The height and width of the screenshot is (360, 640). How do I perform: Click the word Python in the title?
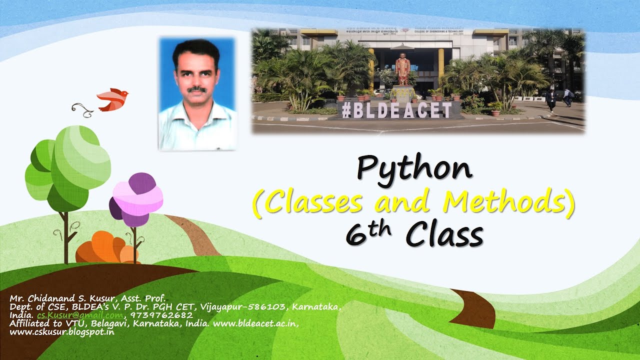[x=414, y=169]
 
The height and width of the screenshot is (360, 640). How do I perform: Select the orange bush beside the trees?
[x=106, y=248]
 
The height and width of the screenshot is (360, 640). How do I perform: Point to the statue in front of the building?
[x=402, y=70]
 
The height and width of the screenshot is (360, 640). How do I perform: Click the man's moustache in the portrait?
[x=197, y=89]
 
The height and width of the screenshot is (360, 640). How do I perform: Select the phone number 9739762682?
[x=161, y=315]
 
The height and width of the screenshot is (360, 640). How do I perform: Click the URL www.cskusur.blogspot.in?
[x=62, y=332]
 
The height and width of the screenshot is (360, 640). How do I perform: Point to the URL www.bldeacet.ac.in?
[x=255, y=323]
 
